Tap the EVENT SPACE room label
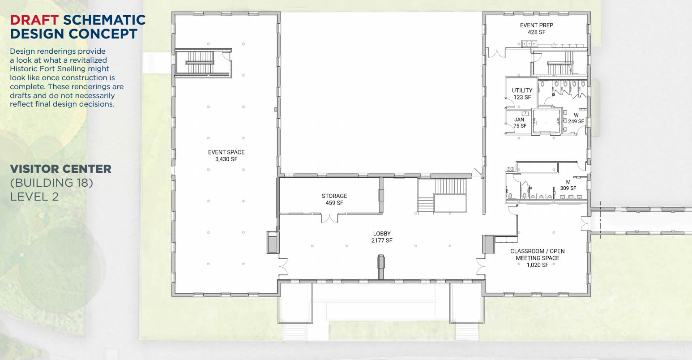[x=226, y=152]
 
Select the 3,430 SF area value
[x=226, y=159]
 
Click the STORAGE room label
[x=334, y=196]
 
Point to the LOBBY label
[x=382, y=234]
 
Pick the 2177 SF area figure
[x=382, y=240]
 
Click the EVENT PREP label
[x=536, y=26]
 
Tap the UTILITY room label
[x=522, y=90]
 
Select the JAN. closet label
[x=520, y=120]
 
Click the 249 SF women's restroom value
[x=576, y=121]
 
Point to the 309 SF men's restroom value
[x=568, y=189]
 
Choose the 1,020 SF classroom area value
[x=538, y=265]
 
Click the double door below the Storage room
[x=329, y=218]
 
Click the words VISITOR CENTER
[x=61, y=169]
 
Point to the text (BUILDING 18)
[x=51, y=183]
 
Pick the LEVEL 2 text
[x=34, y=197]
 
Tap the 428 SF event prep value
[x=536, y=32]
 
